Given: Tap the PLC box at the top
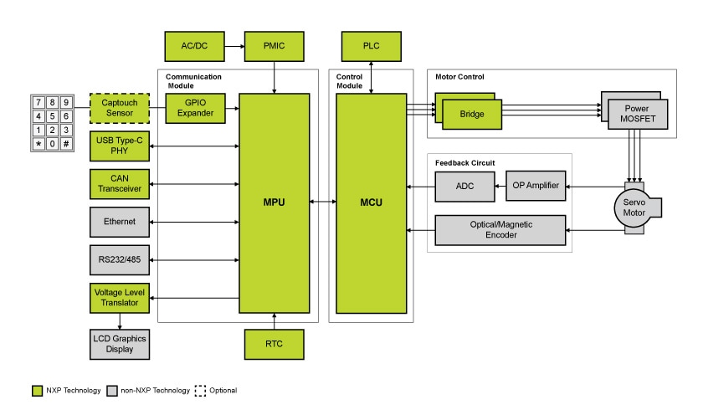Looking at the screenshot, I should [x=370, y=44].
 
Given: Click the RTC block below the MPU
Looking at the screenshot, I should [x=275, y=345].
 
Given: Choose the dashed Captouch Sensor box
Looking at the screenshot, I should [x=119, y=109].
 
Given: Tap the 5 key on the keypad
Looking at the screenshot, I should [x=52, y=115].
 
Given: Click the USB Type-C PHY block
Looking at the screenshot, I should [x=119, y=146].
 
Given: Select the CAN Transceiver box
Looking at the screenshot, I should [x=119, y=184].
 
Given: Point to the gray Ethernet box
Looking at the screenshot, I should [x=119, y=222].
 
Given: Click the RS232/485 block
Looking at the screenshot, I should [x=119, y=260].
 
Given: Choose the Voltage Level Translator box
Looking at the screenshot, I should [x=119, y=299].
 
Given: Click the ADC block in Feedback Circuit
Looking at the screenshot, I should [x=464, y=186].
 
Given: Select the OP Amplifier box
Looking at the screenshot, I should [x=536, y=186].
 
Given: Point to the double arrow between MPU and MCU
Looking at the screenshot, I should [x=323, y=201].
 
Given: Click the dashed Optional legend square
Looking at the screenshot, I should [x=201, y=390].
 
